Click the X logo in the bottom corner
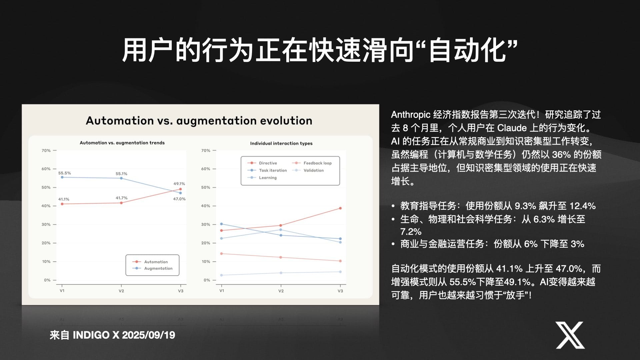(570, 335)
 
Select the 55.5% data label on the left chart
(65, 173)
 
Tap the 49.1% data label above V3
(179, 184)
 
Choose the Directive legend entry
(262, 163)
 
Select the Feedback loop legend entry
(312, 163)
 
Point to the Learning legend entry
(262, 178)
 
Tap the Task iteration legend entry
(267, 170)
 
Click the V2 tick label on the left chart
(121, 291)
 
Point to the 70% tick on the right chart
(206, 151)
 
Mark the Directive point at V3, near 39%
(340, 208)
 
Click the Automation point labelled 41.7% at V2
(121, 203)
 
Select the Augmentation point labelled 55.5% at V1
(62, 177)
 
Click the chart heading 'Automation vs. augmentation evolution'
(199, 121)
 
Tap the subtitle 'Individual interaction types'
(281, 143)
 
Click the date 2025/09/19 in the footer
(148, 335)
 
